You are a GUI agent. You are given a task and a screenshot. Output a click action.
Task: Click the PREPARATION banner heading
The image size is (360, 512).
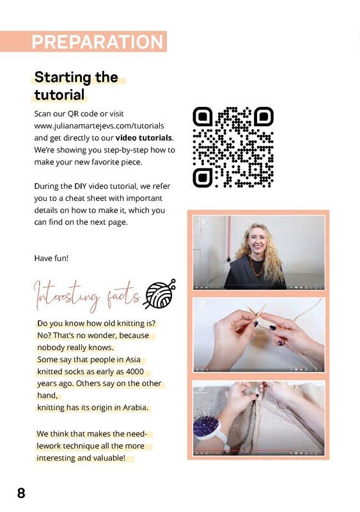click(98, 42)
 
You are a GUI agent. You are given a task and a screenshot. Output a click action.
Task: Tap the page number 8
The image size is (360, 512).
click(21, 493)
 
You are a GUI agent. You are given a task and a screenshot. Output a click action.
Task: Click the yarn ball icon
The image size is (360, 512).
click(160, 294)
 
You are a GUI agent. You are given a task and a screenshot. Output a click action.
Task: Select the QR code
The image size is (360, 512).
click(233, 147)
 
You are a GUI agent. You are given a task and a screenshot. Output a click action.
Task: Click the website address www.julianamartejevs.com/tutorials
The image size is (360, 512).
click(99, 125)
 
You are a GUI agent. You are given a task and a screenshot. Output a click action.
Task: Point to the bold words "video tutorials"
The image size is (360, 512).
click(144, 138)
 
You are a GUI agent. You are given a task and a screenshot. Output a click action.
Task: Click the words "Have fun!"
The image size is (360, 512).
click(51, 259)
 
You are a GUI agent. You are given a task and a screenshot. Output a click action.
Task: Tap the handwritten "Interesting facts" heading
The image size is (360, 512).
click(87, 296)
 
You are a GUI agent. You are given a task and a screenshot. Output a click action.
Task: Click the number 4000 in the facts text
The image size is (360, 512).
click(135, 371)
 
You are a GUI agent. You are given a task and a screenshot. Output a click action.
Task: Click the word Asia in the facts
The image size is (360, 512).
click(133, 360)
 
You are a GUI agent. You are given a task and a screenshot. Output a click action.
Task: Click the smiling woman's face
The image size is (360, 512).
click(256, 241)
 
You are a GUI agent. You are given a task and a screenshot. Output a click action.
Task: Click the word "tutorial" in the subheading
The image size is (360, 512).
click(59, 95)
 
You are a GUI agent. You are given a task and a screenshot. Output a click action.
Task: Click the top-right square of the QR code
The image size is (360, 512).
click(263, 116)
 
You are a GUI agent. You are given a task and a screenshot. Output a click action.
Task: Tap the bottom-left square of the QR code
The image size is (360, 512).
click(203, 178)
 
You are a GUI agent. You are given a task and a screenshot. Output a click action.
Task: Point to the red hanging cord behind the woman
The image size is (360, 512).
click(229, 238)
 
